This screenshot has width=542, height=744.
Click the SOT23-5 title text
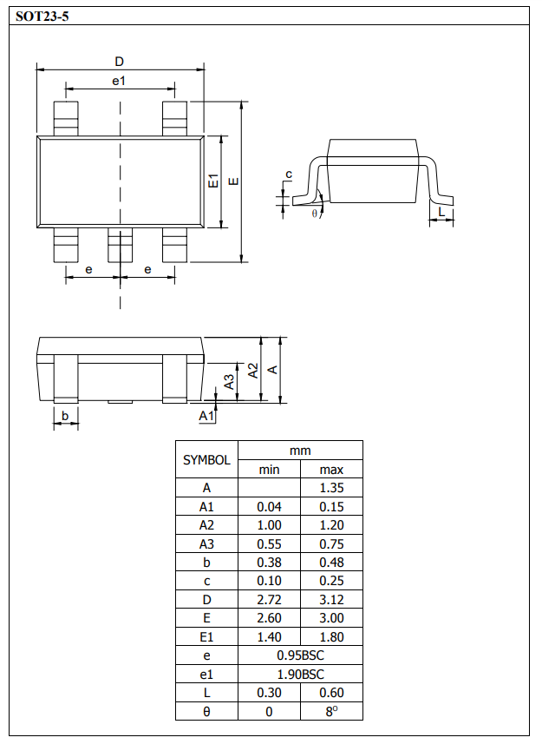click(42, 16)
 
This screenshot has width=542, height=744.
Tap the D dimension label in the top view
click(120, 62)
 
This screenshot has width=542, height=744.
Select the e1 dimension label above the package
click(120, 81)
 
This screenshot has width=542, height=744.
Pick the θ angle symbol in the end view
click(314, 213)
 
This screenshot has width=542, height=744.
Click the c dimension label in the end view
click(289, 175)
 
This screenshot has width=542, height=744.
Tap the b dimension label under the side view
click(65, 417)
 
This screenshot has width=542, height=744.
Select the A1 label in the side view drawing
click(206, 417)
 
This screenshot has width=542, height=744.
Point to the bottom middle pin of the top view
click(120, 245)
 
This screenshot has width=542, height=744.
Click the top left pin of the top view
click(66, 118)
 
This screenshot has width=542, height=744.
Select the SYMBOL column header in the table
click(206, 460)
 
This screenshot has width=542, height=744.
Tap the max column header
click(331, 470)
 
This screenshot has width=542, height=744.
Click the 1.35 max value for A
click(331, 488)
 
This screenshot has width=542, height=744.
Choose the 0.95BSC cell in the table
click(300, 655)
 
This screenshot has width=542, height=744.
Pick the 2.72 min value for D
click(269, 600)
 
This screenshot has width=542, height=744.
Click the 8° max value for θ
click(331, 711)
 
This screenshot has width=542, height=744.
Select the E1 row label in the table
click(206, 636)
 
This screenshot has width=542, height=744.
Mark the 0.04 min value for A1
click(269, 507)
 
